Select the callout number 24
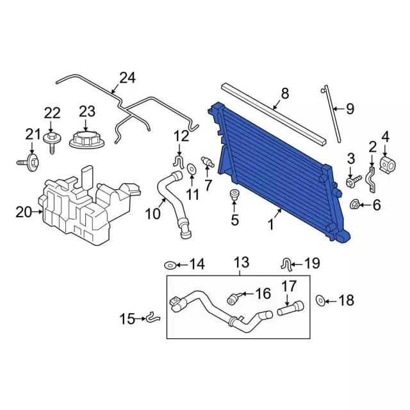[x=127, y=78]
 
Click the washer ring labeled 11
[x=192, y=168]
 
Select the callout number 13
[x=240, y=262]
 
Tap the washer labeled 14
[x=170, y=265]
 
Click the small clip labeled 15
[x=152, y=316]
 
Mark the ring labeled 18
[x=321, y=300]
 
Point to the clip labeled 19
[x=288, y=262]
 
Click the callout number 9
[x=349, y=109]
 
